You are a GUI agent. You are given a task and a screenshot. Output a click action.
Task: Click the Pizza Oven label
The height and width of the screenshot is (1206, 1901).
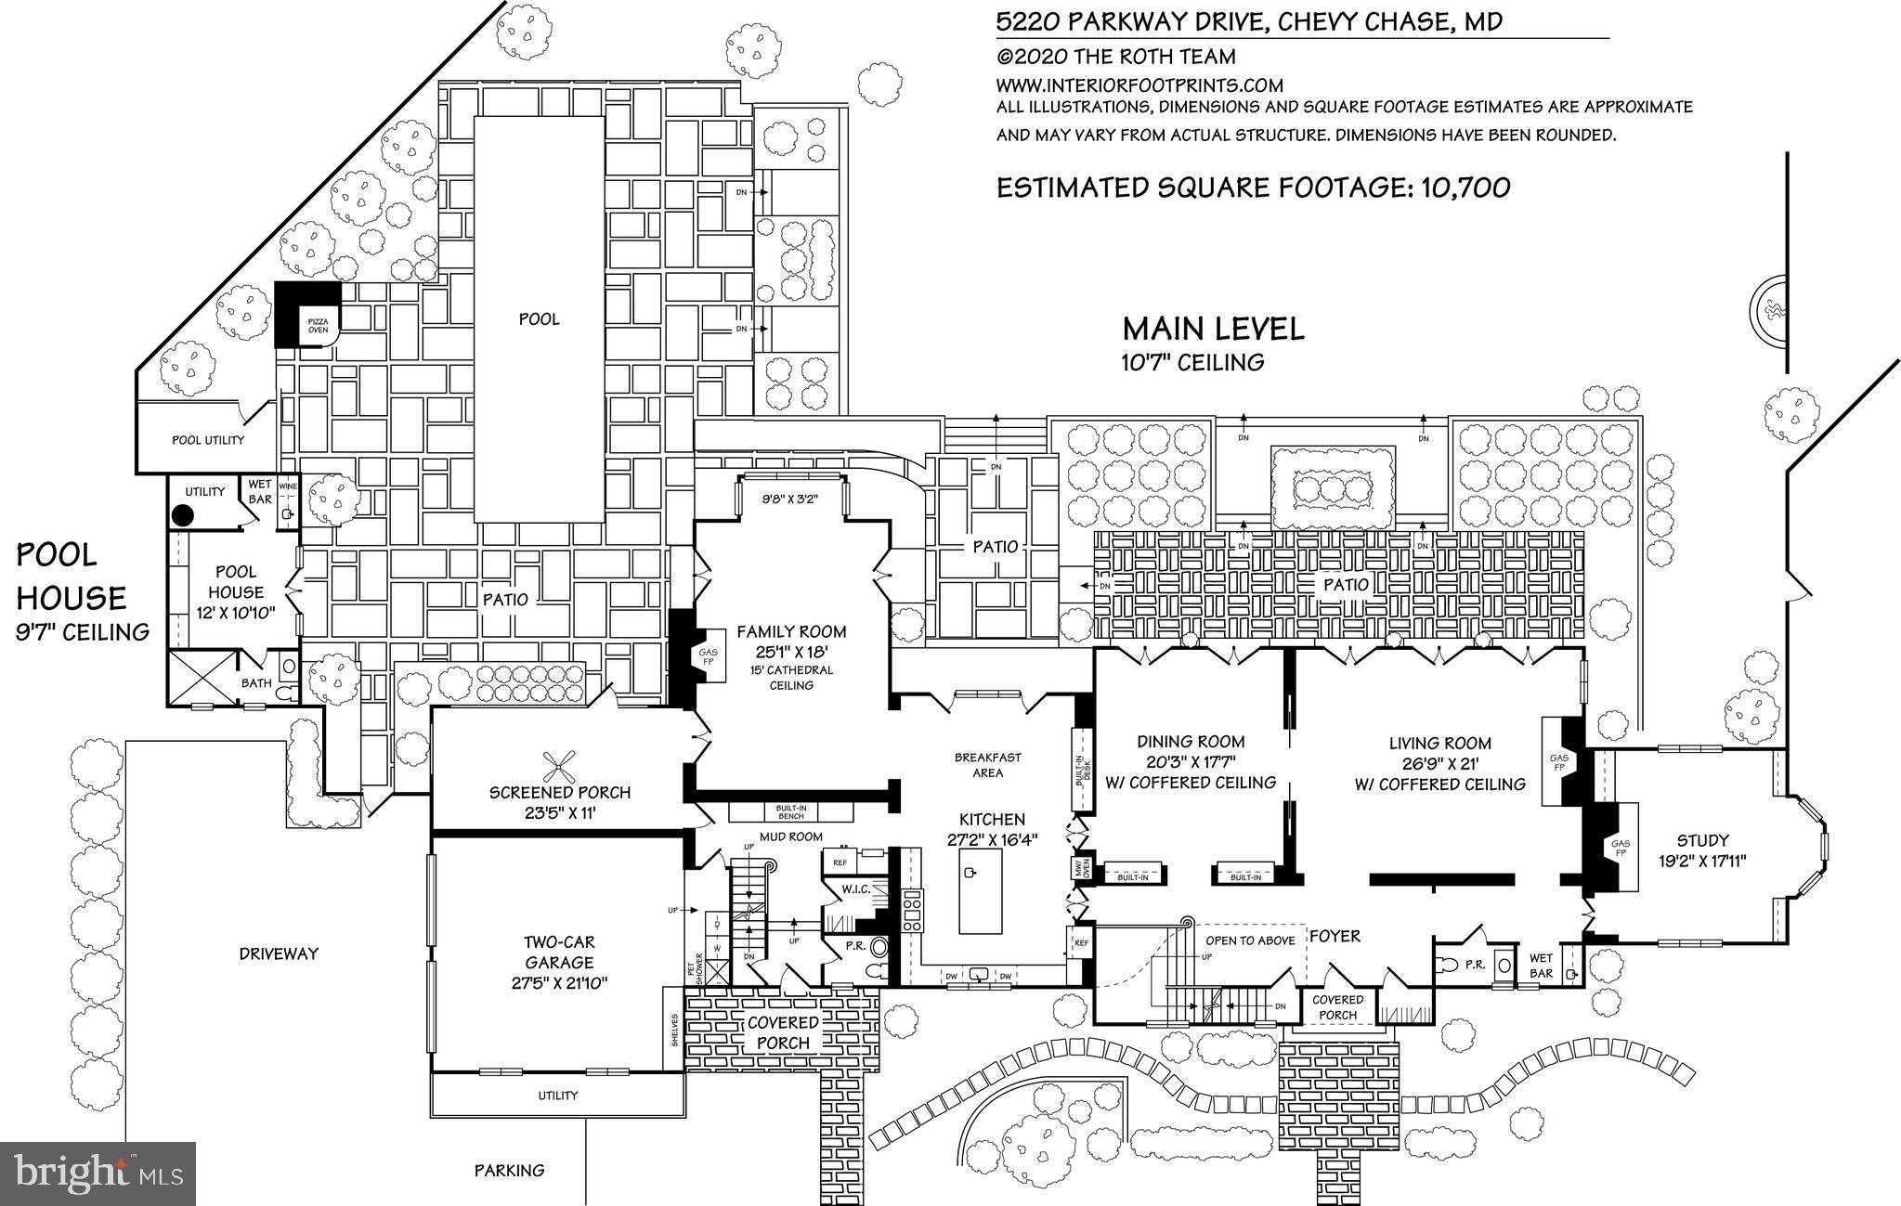(x=318, y=324)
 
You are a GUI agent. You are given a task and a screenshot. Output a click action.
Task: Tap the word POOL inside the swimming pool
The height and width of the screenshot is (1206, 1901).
(x=539, y=319)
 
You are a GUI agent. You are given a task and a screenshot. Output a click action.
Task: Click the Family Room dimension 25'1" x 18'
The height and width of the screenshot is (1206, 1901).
(x=791, y=652)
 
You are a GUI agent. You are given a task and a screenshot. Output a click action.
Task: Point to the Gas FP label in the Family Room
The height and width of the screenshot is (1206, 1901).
(x=706, y=657)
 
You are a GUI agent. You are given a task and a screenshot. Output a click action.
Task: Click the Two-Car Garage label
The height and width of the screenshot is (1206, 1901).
(x=559, y=952)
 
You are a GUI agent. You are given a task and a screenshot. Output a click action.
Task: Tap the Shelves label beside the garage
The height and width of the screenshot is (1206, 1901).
(x=674, y=1029)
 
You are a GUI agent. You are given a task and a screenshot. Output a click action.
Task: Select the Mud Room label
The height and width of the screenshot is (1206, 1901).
(x=791, y=836)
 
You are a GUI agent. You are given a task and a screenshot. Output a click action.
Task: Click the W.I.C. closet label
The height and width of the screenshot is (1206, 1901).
(x=855, y=889)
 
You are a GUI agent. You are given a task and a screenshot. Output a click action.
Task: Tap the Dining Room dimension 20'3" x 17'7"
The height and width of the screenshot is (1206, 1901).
(x=1191, y=762)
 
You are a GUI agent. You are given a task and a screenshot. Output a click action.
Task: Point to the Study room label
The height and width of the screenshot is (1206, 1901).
(x=1703, y=840)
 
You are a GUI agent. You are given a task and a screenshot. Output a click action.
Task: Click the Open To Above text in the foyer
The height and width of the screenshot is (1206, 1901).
(x=1250, y=940)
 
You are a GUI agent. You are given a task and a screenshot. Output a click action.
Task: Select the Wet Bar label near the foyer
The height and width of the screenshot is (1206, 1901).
(x=1541, y=966)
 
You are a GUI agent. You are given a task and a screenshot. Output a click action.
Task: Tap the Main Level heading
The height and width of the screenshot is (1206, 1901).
(x=1213, y=329)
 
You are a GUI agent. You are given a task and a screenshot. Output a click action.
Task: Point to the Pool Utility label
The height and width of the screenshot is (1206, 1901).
(x=208, y=440)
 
